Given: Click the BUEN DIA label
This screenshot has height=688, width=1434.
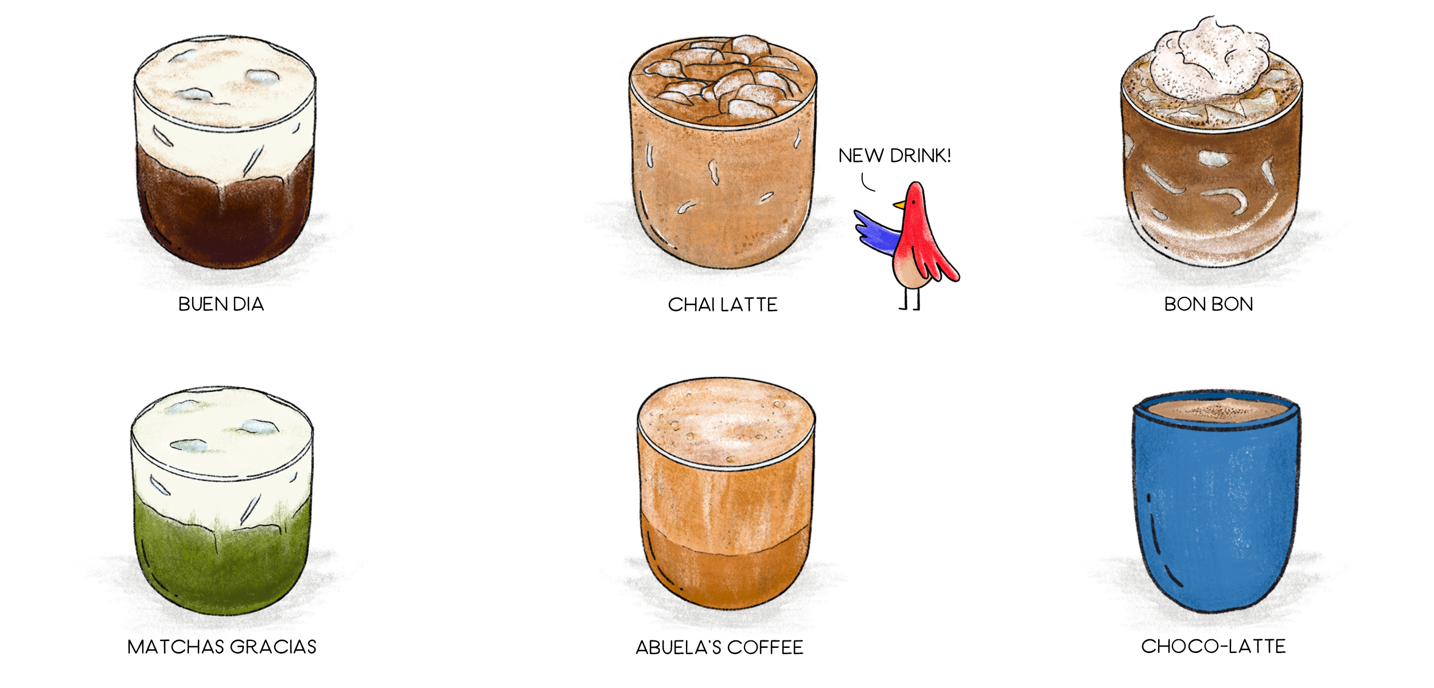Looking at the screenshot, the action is (x=221, y=304).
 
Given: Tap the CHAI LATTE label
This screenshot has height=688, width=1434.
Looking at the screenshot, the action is (x=723, y=304).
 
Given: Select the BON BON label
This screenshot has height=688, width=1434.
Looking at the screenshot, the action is (x=1209, y=304).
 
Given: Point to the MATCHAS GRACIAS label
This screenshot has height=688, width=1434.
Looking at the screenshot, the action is (x=222, y=647).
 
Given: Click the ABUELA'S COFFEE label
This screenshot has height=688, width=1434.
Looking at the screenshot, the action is (x=719, y=647).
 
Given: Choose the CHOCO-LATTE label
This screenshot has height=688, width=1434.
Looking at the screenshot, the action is (x=1213, y=646).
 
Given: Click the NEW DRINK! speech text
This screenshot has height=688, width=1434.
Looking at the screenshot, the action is (x=894, y=155).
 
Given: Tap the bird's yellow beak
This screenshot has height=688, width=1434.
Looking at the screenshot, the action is (x=899, y=205).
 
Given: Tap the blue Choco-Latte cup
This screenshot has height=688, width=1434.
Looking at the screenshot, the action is (x=1216, y=505).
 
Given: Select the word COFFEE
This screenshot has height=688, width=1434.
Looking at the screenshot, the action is (x=765, y=647).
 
